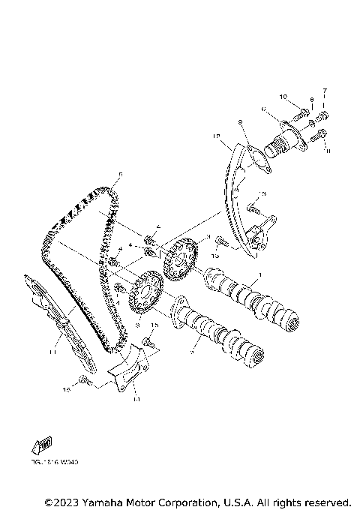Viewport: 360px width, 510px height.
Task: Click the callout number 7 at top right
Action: (x=325, y=91)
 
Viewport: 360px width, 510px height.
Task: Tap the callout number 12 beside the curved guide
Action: (x=216, y=136)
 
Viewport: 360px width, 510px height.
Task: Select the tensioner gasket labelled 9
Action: (x=256, y=160)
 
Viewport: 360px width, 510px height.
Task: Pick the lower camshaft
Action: (x=221, y=334)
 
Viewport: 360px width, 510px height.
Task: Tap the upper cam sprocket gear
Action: (x=178, y=262)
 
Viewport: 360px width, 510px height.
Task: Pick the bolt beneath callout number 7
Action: (x=325, y=115)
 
